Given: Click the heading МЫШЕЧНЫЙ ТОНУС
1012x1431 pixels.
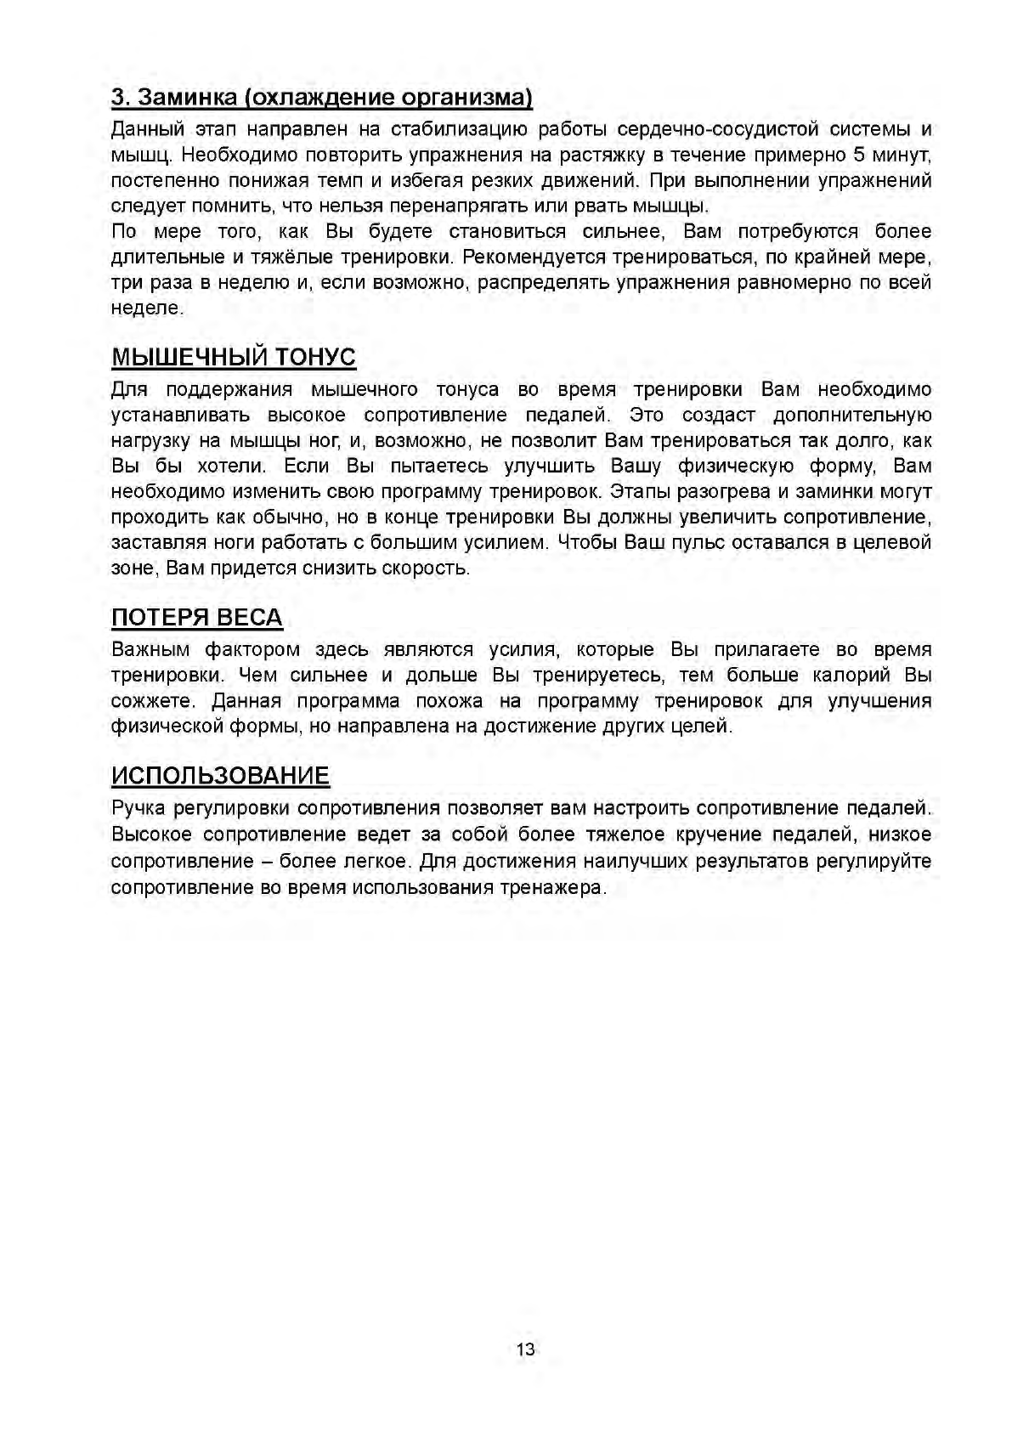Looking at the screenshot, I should coord(233,357).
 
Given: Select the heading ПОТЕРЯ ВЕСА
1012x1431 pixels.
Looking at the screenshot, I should coord(196,617).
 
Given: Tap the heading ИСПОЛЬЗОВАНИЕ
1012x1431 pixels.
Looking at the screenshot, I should coord(220,775).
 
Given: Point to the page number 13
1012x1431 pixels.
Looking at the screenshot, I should coord(525,1349).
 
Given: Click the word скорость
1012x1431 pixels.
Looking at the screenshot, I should coord(427,568).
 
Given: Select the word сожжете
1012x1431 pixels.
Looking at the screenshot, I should coord(153,701).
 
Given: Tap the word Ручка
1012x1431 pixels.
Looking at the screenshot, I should coord(138,808).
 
